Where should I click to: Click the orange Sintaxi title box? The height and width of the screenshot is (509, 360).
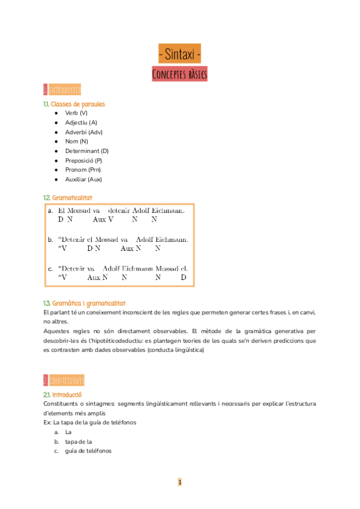179,53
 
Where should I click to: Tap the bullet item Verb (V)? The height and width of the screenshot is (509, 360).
76,113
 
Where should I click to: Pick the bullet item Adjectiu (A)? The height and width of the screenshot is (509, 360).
81,122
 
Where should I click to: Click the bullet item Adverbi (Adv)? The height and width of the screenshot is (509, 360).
84,132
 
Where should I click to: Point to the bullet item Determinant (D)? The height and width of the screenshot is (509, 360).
87,151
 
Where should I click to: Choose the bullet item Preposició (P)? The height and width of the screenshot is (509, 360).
83,160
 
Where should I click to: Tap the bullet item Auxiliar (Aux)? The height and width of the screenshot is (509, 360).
83,179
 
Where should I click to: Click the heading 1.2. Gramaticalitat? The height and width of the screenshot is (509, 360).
68,197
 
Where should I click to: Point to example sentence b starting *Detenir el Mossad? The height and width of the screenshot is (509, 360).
123,239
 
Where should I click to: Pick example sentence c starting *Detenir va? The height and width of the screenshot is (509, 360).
123,268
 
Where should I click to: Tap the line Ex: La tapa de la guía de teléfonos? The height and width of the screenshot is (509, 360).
90,423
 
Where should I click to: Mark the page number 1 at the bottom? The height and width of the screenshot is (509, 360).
179,482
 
